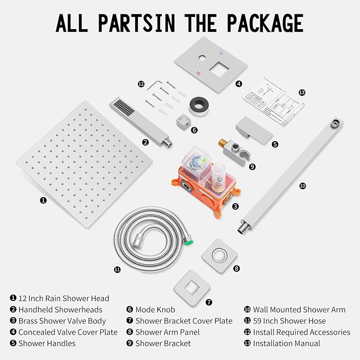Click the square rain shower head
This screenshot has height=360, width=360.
coord(84,164)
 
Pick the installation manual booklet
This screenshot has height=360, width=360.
coord(273,101)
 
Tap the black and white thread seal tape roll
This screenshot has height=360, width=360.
coord(199,106)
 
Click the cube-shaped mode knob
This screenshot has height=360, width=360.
coord(183,122)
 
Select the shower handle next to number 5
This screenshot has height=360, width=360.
coord(254,130)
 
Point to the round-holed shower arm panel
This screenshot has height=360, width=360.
coord(219,256)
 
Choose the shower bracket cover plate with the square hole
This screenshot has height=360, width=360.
coord(192,288)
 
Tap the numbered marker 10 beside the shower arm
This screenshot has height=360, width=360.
coord(303,186)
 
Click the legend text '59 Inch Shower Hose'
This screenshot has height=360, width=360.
coord(289,321)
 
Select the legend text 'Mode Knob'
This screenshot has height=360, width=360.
coord(155,310)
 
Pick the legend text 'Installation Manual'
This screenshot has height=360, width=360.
coord(286,344)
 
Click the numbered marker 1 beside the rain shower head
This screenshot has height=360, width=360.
coord(43,200)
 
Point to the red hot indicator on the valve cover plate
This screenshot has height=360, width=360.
coord(198,74)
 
